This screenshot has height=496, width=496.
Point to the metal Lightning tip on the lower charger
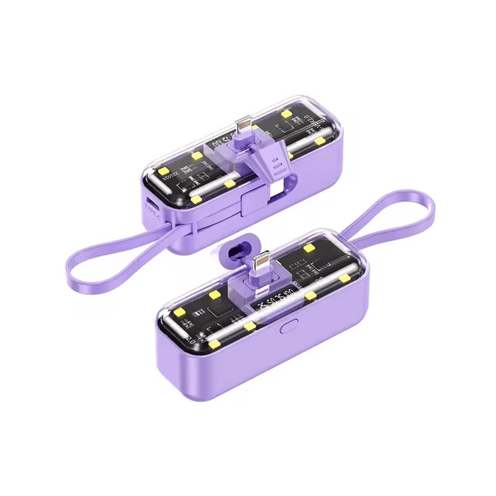[x=262, y=262]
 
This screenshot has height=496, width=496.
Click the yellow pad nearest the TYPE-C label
[x=196, y=200]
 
